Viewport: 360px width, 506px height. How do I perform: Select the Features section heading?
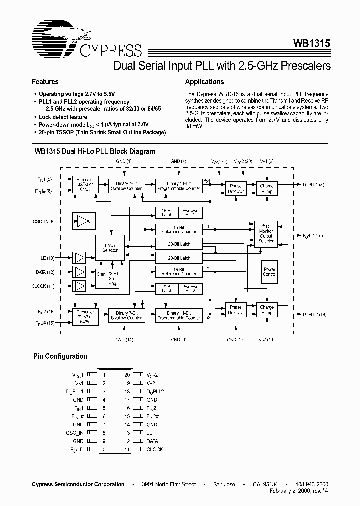tap(45, 82)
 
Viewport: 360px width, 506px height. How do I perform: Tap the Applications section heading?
tap(204, 82)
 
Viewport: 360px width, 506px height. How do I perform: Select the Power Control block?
tap(269, 272)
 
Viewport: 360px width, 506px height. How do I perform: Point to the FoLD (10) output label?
tap(313, 235)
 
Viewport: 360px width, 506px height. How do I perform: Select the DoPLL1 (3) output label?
tap(314, 185)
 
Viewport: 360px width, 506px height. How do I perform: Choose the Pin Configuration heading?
tap(60, 356)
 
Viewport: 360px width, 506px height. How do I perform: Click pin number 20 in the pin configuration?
tap(127, 374)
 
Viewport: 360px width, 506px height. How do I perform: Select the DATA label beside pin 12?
tap(152, 441)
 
